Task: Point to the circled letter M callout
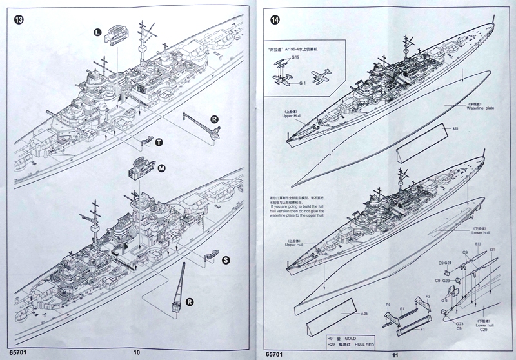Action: pyautogui.click(x=161, y=168)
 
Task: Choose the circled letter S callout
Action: pyautogui.click(x=226, y=260)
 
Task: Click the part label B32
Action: pyautogui.click(x=479, y=245)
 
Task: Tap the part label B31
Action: pyautogui.click(x=491, y=249)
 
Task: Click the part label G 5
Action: pyautogui.click(x=444, y=300)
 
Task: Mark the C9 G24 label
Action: pyautogui.click(x=446, y=263)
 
